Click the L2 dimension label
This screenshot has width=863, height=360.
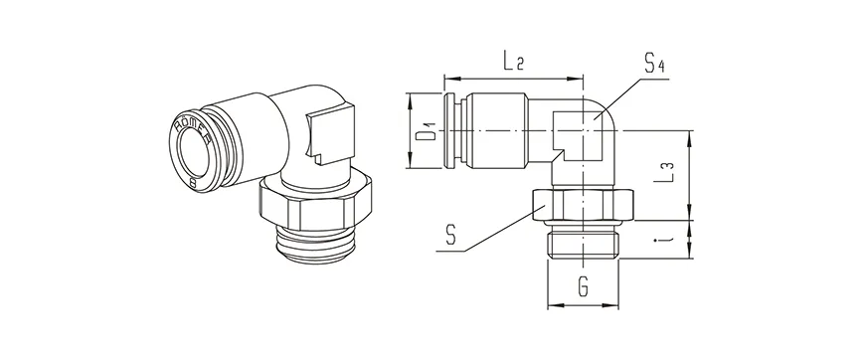pyautogui.click(x=513, y=62)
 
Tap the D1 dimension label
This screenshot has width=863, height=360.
pyautogui.click(x=424, y=130)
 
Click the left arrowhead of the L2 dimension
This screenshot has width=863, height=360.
pyautogui.click(x=448, y=77)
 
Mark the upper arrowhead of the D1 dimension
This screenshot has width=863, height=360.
pyautogui.click(x=410, y=96)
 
